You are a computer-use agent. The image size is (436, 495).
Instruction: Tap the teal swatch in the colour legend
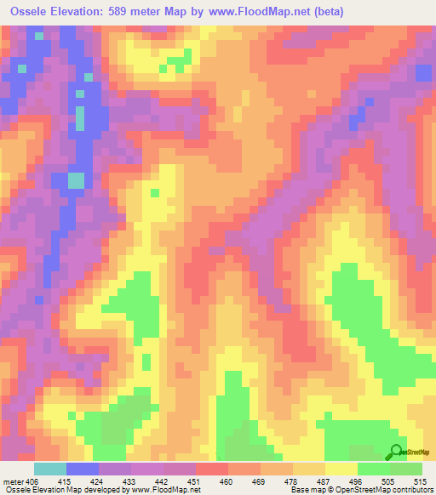[x=50, y=469]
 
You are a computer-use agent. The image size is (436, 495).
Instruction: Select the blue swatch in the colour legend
[x=83, y=469]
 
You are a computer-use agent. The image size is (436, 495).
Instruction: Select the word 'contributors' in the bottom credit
[x=411, y=490]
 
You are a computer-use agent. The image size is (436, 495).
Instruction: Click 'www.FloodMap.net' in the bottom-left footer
[x=167, y=490]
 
